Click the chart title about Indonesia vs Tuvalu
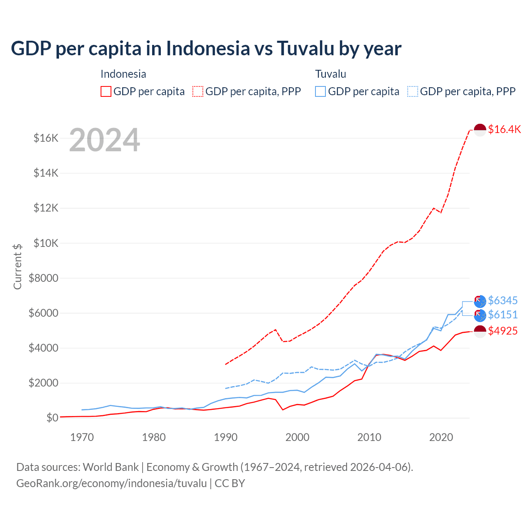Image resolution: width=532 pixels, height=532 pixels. (206, 48)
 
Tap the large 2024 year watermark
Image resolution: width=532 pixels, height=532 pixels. (104, 140)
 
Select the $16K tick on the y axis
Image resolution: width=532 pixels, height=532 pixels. (46, 138)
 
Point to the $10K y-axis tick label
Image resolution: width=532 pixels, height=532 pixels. (46, 243)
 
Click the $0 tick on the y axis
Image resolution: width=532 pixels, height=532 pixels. (52, 418)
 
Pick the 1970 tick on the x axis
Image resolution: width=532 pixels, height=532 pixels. (82, 437)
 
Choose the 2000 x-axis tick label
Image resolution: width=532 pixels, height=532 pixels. (297, 437)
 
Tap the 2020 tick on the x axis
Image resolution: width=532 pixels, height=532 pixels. (441, 437)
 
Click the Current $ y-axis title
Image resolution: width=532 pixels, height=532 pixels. (17, 266)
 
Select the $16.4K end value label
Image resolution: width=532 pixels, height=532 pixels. (504, 129)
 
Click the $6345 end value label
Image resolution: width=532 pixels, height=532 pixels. (502, 300)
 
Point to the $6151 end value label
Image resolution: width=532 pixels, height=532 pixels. (502, 315)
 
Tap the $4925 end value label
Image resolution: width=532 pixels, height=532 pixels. (502, 331)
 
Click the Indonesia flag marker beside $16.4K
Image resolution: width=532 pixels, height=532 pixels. (480, 130)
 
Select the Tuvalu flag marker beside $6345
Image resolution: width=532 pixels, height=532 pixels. (480, 301)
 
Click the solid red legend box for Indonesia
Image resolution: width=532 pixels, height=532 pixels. (106, 91)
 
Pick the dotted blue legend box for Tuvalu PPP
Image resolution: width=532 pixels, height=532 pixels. (413, 91)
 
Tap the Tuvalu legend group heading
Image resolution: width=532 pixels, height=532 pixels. (330, 74)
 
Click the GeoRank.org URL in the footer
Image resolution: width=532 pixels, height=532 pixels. (111, 483)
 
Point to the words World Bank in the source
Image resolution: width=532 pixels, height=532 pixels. (111, 467)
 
